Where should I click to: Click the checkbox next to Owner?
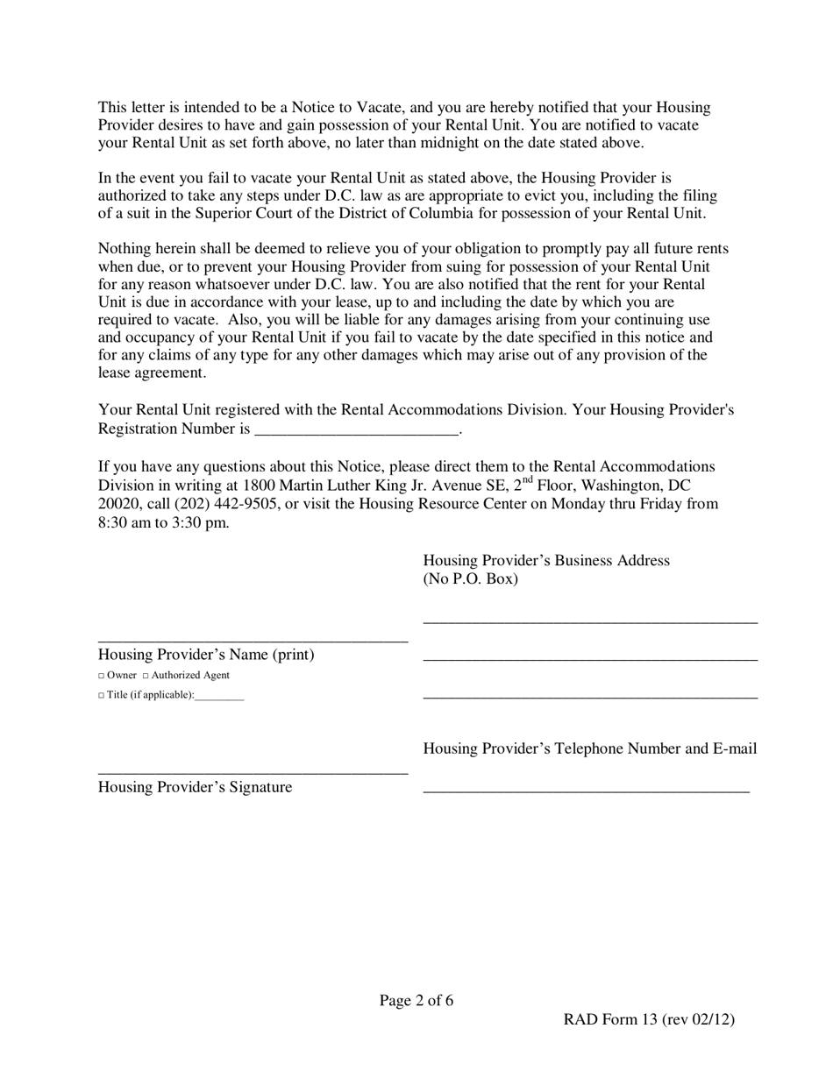pos(102,676)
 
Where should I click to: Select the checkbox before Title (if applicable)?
pos(102,695)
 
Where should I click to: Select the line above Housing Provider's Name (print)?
pos(253,642)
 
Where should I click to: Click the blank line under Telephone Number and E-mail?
pos(586,791)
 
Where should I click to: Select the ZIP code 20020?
pos(117,503)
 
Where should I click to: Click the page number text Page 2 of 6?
pos(416,1000)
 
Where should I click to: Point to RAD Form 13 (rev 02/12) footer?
pos(649,1018)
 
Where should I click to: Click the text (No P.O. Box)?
pos(470,579)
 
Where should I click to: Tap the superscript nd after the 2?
pos(527,479)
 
